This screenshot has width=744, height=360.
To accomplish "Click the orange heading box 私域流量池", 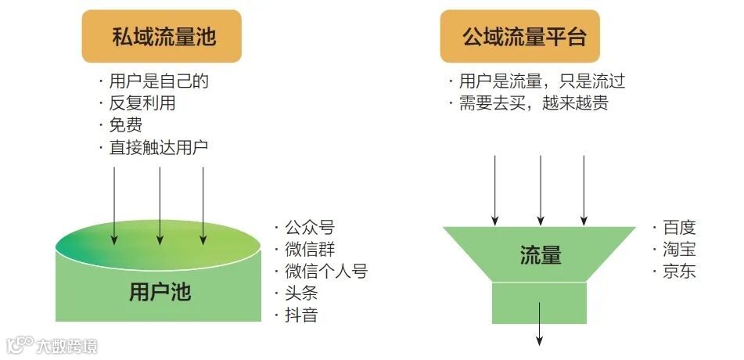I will [162, 36].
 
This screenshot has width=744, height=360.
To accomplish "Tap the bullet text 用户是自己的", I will [159, 81].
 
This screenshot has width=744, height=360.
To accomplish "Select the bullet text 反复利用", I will [142, 103].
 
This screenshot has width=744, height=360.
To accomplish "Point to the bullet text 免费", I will [125, 125].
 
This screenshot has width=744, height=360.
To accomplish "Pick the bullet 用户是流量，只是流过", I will [541, 81].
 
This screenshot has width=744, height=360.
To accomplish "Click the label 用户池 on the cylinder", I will [160, 293].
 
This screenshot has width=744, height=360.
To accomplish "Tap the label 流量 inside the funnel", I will [541, 255].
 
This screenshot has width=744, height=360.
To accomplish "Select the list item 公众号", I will [309, 228].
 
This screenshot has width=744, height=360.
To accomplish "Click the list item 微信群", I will [309, 250].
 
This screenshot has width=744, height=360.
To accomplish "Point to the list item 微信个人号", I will [325, 272].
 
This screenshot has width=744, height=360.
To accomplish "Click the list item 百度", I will [678, 228].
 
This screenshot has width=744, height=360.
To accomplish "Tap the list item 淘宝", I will [678, 250].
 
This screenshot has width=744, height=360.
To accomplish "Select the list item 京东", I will [678, 272].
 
